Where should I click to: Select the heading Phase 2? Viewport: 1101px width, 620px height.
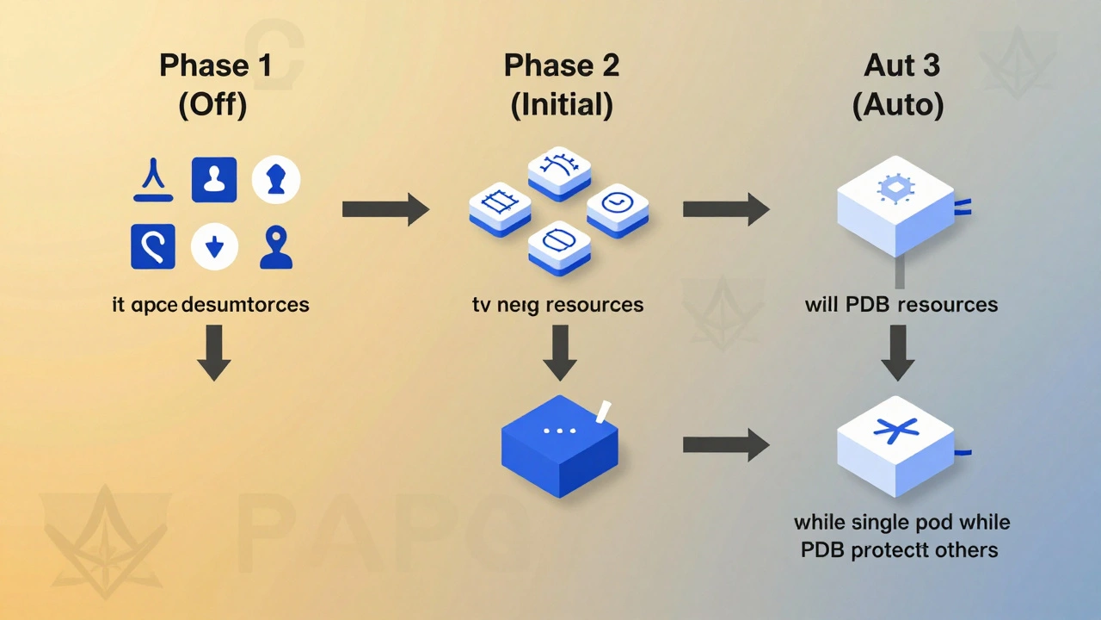(562, 65)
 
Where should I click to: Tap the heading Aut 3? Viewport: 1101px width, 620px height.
(901, 65)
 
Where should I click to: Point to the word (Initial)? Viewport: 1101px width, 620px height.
(562, 105)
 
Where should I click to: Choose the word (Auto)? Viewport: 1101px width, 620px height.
(898, 105)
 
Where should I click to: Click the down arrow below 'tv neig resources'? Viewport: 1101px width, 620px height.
(560, 353)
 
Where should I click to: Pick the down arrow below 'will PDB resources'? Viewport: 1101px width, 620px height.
(897, 353)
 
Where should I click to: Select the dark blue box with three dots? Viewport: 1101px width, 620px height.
(560, 444)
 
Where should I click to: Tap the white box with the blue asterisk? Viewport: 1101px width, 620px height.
(895, 443)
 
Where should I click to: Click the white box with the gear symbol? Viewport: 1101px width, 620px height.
(895, 205)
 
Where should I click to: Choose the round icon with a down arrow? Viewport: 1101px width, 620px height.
(215, 247)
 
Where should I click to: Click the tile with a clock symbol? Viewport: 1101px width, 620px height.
(617, 208)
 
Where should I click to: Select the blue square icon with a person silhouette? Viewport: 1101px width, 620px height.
(213, 179)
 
